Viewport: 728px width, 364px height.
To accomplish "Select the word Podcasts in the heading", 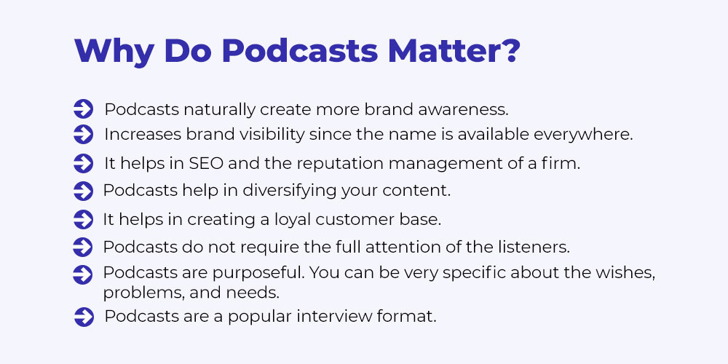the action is [300, 50].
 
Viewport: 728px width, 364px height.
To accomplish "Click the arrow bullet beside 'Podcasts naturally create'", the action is [84, 110].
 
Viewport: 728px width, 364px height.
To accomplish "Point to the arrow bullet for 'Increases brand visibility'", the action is [84, 135].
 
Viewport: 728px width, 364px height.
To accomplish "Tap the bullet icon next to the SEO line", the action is [84, 163].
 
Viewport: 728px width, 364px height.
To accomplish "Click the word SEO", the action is [206, 163].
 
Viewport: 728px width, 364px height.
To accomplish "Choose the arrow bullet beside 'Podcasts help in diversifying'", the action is [84, 191].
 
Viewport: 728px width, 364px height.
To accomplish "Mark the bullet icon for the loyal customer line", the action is [84, 220].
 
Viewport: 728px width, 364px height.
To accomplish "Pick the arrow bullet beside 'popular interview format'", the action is [84, 317].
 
